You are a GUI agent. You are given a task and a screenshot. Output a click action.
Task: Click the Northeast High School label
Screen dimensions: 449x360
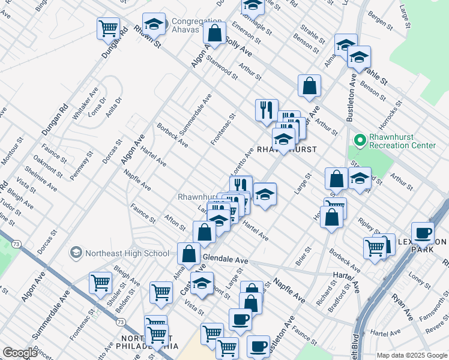click(127, 253)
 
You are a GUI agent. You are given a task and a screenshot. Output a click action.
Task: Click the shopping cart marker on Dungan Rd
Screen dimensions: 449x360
click(108, 28)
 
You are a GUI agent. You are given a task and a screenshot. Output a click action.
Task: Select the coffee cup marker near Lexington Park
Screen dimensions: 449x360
click(423, 233)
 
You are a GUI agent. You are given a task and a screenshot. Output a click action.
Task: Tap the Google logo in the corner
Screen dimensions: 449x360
click(20, 353)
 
